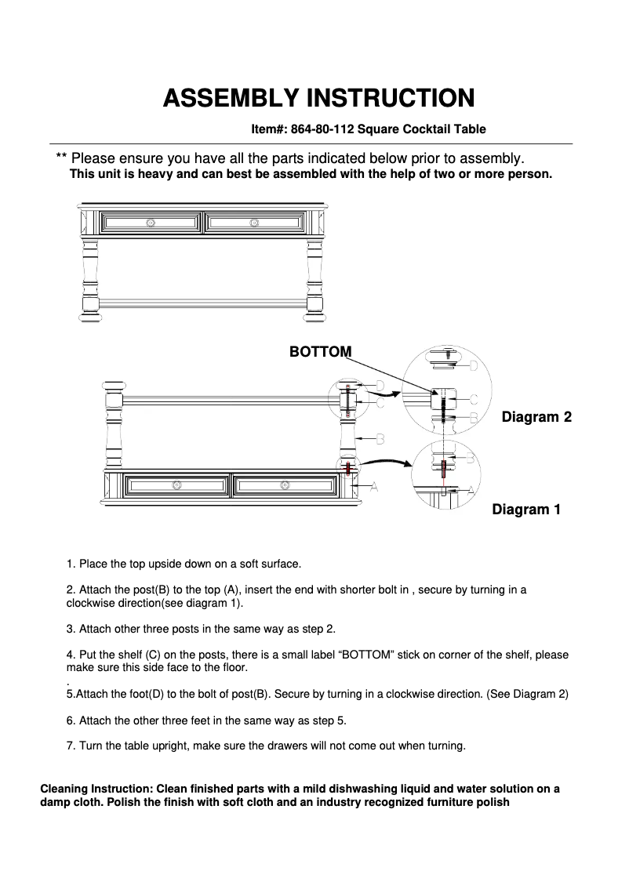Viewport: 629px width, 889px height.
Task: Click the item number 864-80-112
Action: pyautogui.click(x=322, y=129)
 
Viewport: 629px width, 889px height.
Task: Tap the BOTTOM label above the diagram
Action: pyautogui.click(x=320, y=352)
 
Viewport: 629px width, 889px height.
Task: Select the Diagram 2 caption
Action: pyautogui.click(x=536, y=417)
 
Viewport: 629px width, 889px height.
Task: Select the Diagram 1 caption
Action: pyautogui.click(x=526, y=510)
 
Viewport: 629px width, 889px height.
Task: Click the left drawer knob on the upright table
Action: pyautogui.click(x=151, y=223)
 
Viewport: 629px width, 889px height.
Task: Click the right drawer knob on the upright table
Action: pyautogui.click(x=254, y=223)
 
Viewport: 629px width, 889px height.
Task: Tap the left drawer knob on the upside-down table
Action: pyautogui.click(x=177, y=485)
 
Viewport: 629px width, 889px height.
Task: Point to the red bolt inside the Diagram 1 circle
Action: pyautogui.click(x=444, y=470)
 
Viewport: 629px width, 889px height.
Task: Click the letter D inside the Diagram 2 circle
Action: pyautogui.click(x=473, y=365)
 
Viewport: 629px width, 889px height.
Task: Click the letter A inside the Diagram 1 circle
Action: pyautogui.click(x=471, y=489)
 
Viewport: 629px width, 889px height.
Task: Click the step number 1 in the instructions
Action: pyautogui.click(x=70, y=564)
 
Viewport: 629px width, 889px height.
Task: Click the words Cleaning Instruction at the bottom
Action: pyautogui.click(x=87, y=789)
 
